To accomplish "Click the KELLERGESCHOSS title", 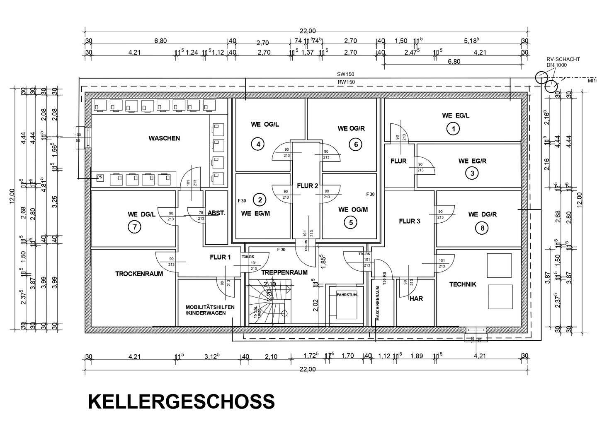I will [181, 402].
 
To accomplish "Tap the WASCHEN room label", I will [164, 138].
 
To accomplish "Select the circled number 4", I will [258, 144].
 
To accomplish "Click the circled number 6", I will [355, 144].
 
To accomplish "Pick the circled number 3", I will [472, 173].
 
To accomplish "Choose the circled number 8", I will [482, 228].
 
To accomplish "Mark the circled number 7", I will [134, 227].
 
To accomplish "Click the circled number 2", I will [260, 200].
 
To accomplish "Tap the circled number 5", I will [351, 223].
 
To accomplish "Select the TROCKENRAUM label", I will [139, 274].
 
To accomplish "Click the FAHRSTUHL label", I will [347, 295].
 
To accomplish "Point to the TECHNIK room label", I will [463, 284].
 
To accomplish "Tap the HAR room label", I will [416, 298].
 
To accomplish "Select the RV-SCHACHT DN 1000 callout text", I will [563, 62].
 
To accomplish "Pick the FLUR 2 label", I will [307, 186].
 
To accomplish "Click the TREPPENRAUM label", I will [284, 272].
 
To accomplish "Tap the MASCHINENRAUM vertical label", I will [378, 304].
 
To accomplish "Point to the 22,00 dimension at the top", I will [307, 31].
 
